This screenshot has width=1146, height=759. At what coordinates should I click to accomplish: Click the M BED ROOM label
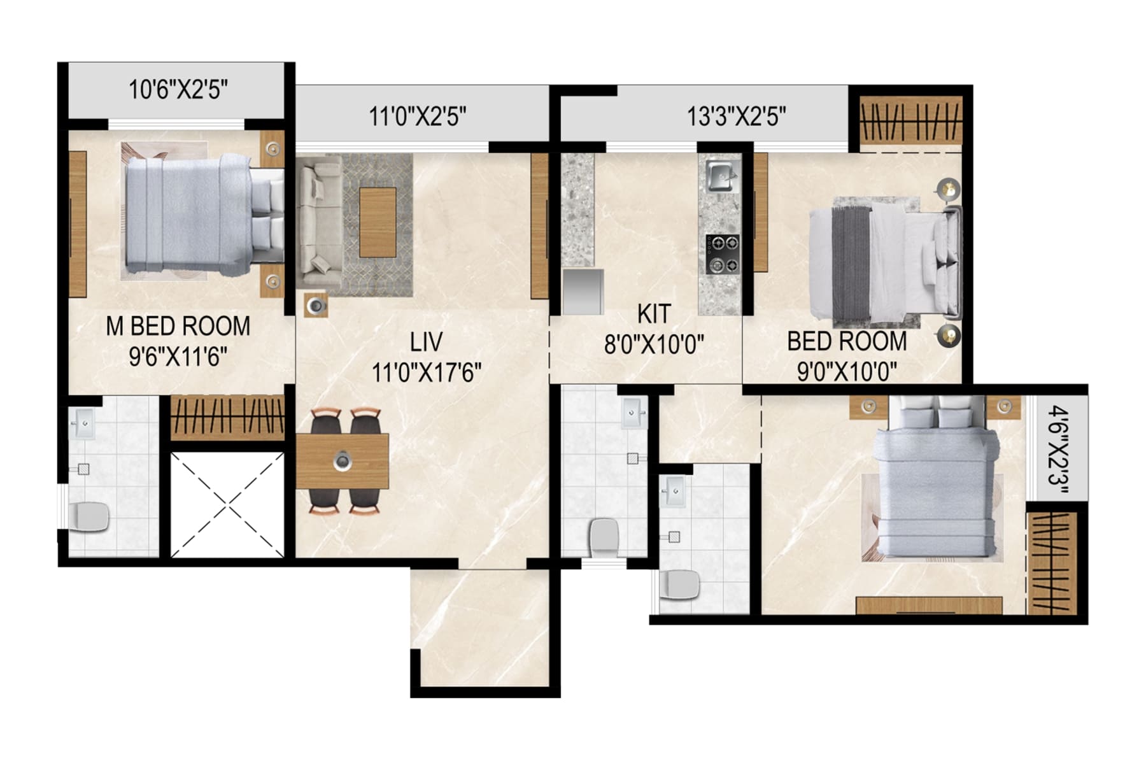[x=178, y=327]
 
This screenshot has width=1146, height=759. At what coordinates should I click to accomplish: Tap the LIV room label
[x=426, y=343]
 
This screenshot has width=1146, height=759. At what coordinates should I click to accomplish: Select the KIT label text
[x=654, y=314]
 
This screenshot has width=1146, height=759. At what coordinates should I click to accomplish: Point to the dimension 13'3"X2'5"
[x=736, y=117]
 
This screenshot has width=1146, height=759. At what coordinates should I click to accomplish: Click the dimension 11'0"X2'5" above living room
[x=418, y=117]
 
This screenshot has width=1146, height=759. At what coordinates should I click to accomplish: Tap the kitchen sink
[x=721, y=175]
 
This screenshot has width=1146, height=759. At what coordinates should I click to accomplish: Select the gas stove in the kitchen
[x=722, y=254]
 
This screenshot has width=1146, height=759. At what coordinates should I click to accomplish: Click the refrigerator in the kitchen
[x=583, y=292]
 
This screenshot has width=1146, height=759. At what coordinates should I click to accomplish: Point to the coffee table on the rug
[x=378, y=222]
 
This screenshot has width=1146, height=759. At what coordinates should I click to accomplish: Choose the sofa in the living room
[x=319, y=223]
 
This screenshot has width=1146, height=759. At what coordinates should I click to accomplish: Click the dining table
[x=343, y=461]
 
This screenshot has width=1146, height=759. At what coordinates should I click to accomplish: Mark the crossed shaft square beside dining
[x=227, y=505]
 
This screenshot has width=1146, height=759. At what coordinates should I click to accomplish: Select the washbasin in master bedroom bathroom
[x=84, y=422]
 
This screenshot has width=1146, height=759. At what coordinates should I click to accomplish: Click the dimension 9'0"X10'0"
[x=847, y=371]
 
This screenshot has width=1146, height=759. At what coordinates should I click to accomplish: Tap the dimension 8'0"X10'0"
[x=653, y=346]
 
